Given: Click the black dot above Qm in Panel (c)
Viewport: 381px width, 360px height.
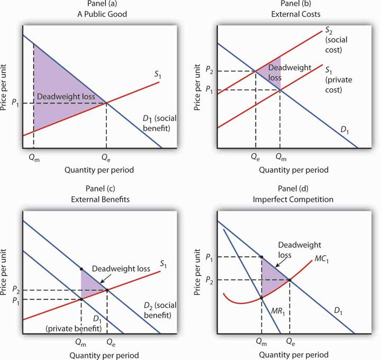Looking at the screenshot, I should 81,270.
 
